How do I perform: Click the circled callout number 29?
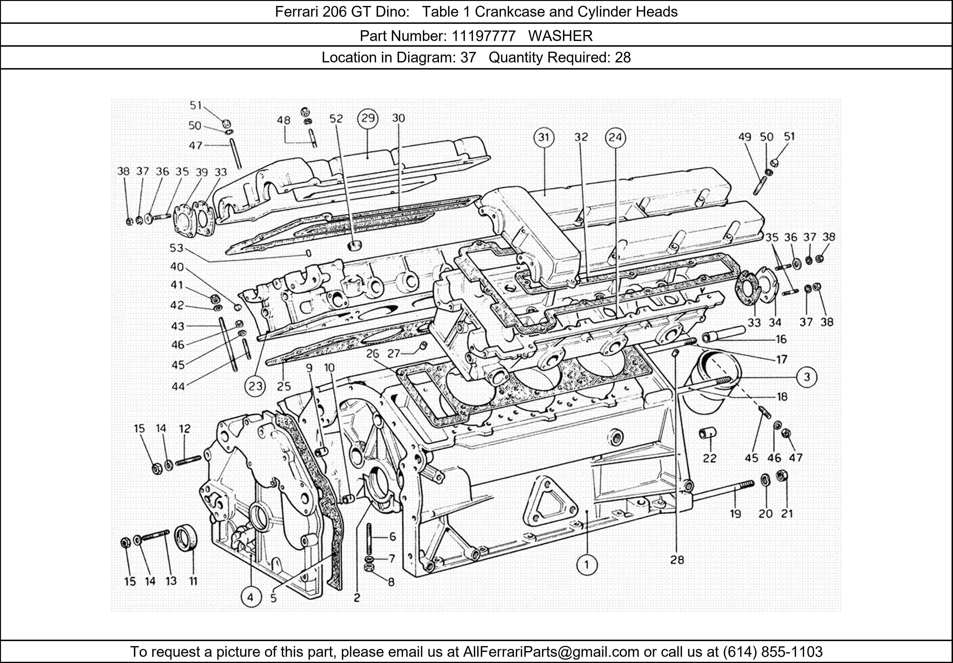(368, 119)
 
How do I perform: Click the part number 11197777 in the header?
(484, 36)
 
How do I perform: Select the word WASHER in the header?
(560, 36)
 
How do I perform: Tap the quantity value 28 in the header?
(623, 57)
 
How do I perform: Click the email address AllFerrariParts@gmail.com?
(551, 652)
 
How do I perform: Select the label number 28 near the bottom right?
(677, 560)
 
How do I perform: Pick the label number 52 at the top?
(336, 119)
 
